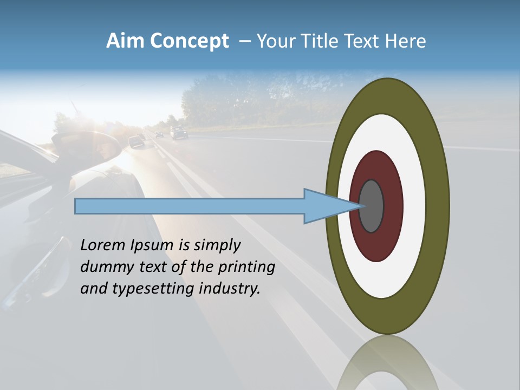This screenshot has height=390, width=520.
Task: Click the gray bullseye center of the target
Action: pos(372,206)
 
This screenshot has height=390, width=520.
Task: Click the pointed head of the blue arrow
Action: pos(325,206)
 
